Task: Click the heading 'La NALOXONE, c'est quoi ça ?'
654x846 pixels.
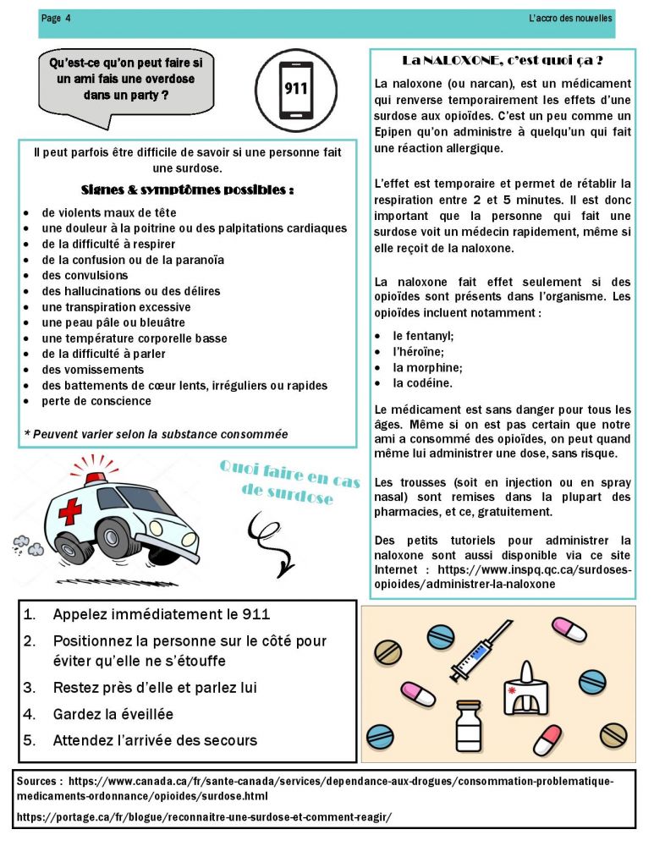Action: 502,61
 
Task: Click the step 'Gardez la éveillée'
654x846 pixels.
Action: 113,714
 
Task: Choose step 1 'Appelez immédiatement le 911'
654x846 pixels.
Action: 161,615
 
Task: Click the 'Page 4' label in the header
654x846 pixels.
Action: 56,19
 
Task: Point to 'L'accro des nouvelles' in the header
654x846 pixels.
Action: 569,19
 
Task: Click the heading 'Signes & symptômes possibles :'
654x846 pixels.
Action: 187,190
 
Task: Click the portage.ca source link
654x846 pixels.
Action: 204,816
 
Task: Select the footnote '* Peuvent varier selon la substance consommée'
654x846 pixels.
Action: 156,434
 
